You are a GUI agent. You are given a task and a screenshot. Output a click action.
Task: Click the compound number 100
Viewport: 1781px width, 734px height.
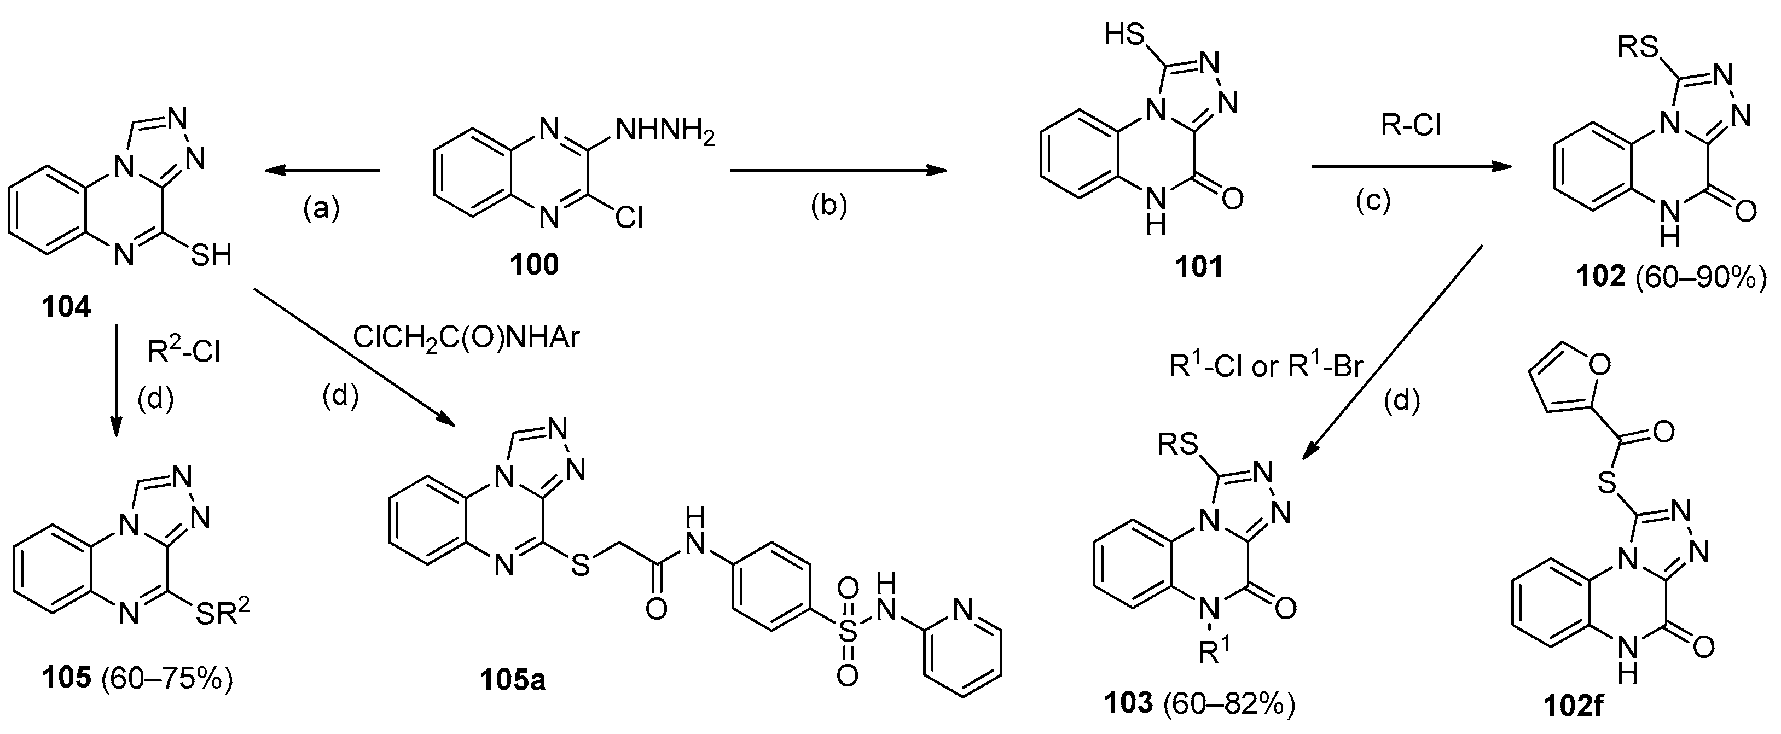[x=535, y=265]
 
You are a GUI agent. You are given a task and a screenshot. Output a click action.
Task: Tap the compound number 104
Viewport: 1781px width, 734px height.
[x=66, y=307]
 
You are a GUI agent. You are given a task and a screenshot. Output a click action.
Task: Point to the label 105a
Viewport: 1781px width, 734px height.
[x=514, y=681]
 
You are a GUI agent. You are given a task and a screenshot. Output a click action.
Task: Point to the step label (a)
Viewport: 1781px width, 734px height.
[x=322, y=207]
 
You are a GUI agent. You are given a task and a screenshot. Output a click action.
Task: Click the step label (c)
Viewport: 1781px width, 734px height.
[x=1372, y=202]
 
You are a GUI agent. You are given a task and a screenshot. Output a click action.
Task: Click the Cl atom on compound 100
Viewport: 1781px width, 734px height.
[x=627, y=218]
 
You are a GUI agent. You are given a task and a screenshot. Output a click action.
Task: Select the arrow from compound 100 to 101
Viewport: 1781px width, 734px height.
[x=838, y=170]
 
